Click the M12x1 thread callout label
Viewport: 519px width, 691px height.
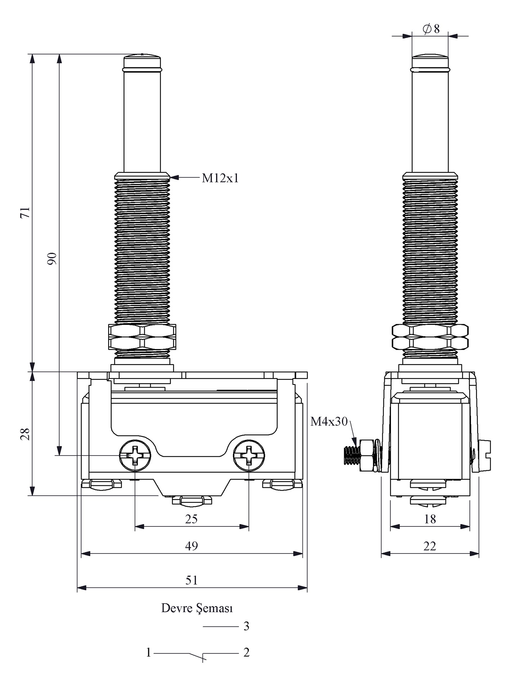point(220,178)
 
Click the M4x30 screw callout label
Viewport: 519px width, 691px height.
point(329,421)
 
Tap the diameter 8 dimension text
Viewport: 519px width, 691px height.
point(431,28)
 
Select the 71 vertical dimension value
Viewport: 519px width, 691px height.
point(25,212)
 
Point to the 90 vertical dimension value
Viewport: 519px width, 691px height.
point(53,258)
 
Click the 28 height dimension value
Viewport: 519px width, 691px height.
point(25,434)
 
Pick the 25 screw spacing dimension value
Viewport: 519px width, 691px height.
point(191,519)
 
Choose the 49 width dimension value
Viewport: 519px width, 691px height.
point(191,546)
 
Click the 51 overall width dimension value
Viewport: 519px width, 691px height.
point(191,580)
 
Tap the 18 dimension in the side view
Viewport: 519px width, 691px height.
point(430,519)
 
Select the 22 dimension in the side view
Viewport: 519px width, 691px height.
point(430,546)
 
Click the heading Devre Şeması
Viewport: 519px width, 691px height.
point(197,608)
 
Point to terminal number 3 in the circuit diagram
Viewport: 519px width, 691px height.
point(246,626)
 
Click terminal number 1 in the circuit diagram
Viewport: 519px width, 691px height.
point(148,652)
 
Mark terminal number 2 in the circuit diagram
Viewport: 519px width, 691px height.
point(246,652)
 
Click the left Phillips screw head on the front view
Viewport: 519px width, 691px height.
point(135,455)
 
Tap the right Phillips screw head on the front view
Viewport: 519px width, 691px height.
point(249,455)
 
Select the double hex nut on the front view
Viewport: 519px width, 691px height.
point(142,337)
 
